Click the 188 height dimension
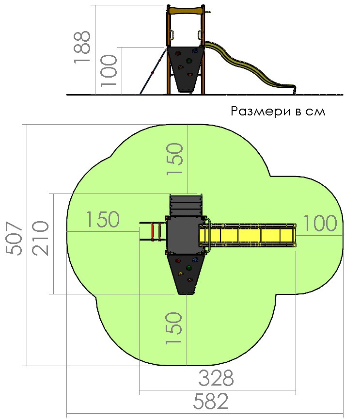[x=82, y=47]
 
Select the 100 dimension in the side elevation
[x=109, y=70]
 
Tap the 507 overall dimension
[x=14, y=238]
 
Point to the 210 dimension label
[x=40, y=238]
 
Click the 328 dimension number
[x=216, y=378]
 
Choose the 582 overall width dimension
[x=211, y=401]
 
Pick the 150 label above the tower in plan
[x=175, y=159]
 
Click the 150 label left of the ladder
[x=103, y=219]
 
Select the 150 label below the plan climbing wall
[x=174, y=328]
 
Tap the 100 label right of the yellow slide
[x=320, y=223]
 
